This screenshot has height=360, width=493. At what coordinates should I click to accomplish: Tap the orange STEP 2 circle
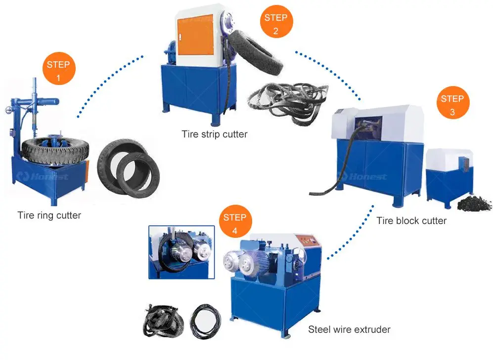coord(275,24)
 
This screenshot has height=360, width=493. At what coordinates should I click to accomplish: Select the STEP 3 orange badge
coord(452,105)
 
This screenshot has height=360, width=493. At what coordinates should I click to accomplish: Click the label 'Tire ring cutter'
coord(49,215)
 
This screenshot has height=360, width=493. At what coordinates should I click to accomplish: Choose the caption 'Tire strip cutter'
coord(214,134)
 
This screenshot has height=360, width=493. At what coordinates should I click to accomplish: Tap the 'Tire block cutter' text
coord(411,221)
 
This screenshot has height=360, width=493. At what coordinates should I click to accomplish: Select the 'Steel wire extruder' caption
coord(349,329)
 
